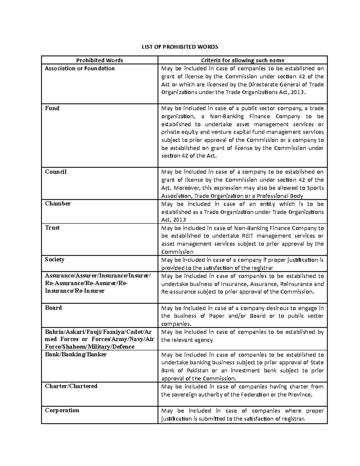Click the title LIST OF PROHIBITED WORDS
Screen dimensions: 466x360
(x=180, y=47)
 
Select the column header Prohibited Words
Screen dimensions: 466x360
(x=100, y=60)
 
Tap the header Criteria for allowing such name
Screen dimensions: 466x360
(x=242, y=60)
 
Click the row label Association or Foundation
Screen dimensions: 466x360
(x=80, y=68)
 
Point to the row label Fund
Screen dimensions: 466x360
(x=52, y=108)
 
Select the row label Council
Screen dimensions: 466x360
(x=56, y=172)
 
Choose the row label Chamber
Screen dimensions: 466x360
(x=58, y=204)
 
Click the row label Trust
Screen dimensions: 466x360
(x=52, y=228)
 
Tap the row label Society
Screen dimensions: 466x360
(x=55, y=260)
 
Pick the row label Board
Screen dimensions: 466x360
(x=53, y=308)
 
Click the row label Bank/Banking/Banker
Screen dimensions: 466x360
(x=76, y=354)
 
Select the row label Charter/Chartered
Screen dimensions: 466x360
(x=71, y=386)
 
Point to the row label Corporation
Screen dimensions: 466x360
(x=62, y=410)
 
